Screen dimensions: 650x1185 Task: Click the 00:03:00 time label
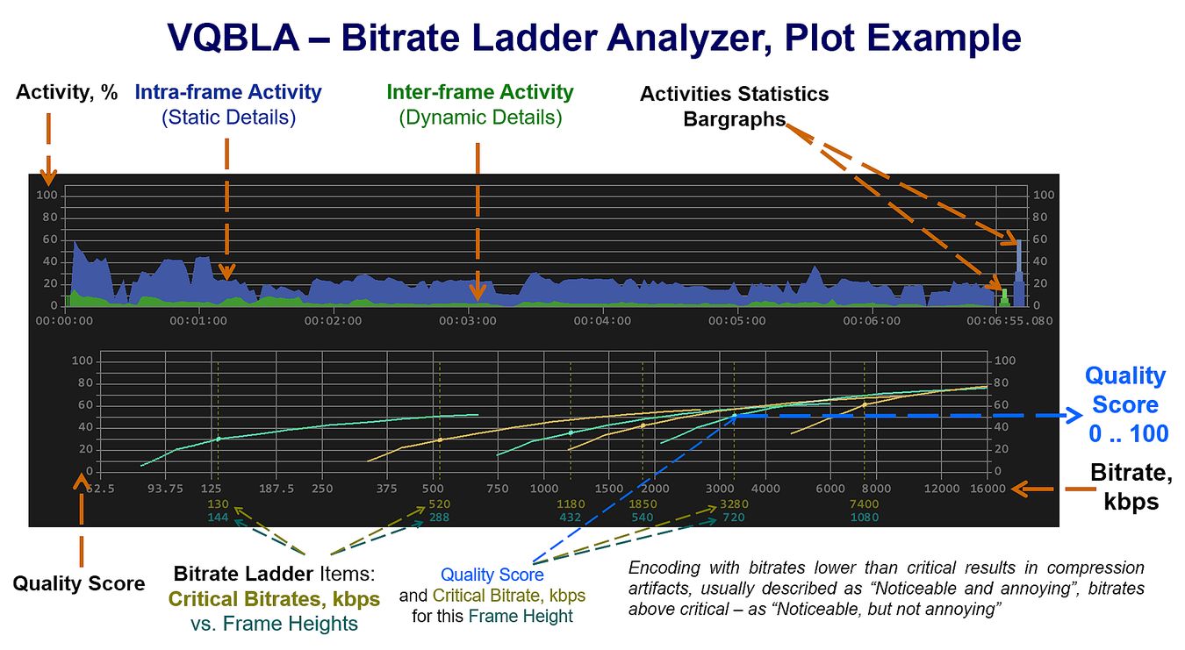(468, 321)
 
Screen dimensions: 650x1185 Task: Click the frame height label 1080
(864, 518)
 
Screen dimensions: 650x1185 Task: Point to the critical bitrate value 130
(218, 504)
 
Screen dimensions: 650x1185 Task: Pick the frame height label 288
(439, 518)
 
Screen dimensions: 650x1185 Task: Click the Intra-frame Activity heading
(228, 92)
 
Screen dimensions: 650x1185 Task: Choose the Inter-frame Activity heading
(480, 92)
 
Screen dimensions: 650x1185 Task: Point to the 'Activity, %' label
(67, 92)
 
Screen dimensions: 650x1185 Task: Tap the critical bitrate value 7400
(864, 504)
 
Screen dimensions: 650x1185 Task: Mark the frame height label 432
(571, 518)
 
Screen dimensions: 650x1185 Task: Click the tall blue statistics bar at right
(1018, 272)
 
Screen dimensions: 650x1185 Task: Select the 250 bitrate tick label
(322, 489)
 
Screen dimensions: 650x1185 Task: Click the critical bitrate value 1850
(643, 504)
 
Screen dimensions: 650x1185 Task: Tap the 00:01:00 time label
(198, 321)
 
